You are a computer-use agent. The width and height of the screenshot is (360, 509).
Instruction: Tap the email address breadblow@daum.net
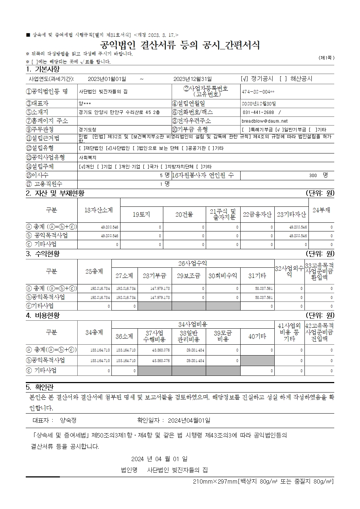pos(264,121)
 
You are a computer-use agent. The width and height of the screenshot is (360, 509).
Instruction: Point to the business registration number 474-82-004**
pos(258,92)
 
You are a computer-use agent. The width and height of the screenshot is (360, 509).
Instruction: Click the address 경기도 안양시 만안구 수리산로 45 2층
pos(119,112)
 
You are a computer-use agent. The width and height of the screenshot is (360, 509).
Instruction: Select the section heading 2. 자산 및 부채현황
pos(55,193)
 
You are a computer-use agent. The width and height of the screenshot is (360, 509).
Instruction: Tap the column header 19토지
pos(141,214)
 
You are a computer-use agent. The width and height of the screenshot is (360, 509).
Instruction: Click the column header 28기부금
pos(154,276)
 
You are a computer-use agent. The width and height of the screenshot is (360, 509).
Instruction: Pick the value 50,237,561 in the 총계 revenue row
pos(264,288)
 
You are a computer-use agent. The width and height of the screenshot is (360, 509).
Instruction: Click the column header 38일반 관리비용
pos(188,336)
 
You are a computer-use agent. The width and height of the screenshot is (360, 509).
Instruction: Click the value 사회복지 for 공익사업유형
pos(87,157)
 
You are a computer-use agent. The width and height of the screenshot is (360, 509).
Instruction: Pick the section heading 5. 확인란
pos(40,387)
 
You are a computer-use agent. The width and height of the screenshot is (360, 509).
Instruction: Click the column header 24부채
pos(321,210)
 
